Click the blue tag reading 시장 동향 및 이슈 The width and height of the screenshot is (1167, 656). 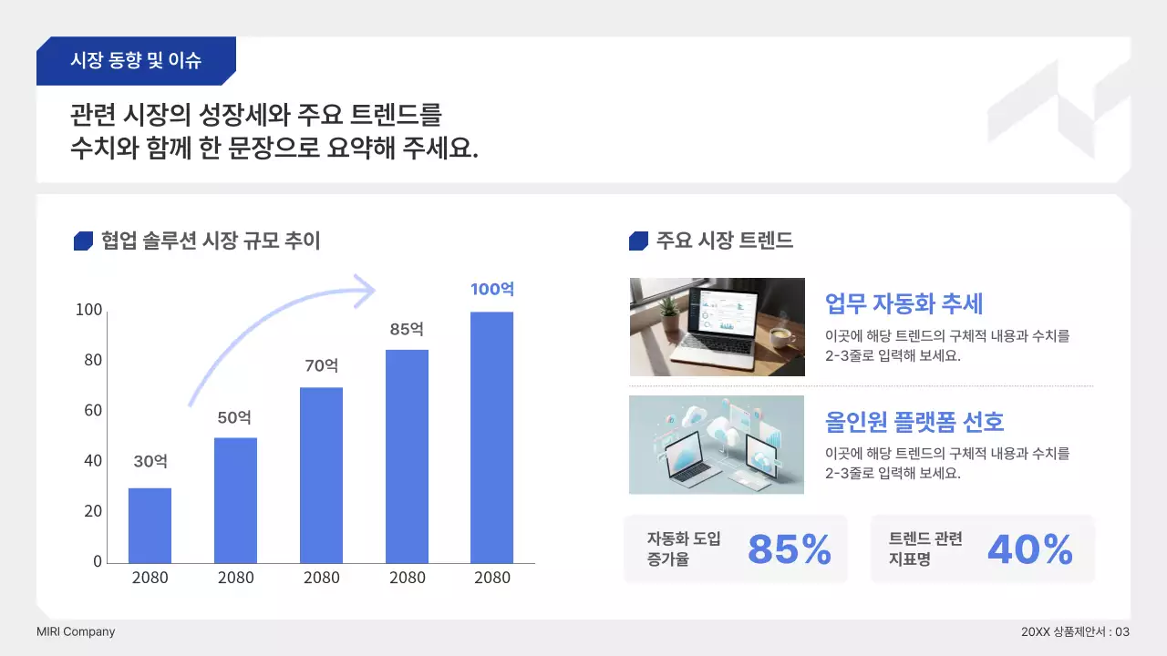[x=136, y=61]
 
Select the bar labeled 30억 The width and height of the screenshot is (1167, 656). [x=150, y=526]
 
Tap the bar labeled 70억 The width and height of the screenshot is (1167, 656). [x=321, y=475]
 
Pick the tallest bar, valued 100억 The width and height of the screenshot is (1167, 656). [x=492, y=437]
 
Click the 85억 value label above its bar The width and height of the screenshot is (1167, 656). [x=407, y=329]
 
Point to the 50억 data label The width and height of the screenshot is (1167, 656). [x=234, y=417]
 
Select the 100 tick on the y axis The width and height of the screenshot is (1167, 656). [x=89, y=311]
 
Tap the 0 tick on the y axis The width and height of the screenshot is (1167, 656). [x=98, y=561]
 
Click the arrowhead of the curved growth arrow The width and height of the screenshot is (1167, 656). [x=366, y=291]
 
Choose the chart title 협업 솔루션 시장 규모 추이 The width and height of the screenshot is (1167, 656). [x=211, y=241]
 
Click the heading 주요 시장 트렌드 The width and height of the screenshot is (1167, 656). [x=724, y=241]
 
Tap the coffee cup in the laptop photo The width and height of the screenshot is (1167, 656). [x=781, y=338]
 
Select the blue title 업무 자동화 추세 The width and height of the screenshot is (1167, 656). [x=904, y=302]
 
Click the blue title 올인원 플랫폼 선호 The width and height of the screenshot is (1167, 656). [x=914, y=422]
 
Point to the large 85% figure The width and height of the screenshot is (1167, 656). [x=790, y=549]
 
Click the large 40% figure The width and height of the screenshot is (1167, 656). [x=1030, y=549]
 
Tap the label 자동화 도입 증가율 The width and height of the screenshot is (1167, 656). [x=684, y=548]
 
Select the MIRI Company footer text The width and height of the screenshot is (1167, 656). [x=76, y=631]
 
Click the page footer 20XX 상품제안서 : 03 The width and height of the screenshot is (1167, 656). [x=1076, y=631]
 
